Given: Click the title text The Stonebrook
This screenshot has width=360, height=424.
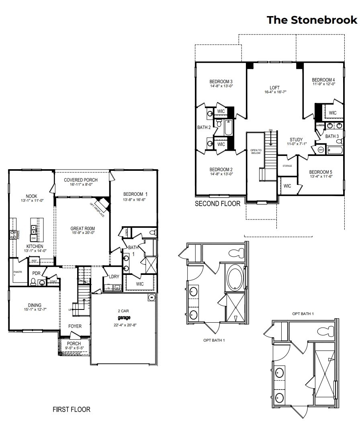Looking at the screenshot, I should [312, 20].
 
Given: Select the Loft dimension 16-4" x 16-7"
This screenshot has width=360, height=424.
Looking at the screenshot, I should [275, 92].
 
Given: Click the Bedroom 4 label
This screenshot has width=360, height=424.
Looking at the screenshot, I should [323, 80].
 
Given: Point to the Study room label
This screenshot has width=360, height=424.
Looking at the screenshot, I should [296, 139].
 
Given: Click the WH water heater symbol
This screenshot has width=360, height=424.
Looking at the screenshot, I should [321, 150].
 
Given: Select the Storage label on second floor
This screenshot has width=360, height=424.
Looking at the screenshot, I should [287, 166].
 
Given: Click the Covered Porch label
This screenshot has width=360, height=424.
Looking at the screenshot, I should [82, 180].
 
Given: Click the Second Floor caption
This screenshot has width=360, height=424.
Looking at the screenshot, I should [217, 204].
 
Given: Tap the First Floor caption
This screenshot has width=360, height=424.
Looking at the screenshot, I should [72, 410].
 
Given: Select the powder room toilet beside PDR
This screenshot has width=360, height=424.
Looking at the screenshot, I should [34, 283].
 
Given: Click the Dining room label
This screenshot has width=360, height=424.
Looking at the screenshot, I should [32, 305].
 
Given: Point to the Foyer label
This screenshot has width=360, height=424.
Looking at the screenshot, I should [75, 326].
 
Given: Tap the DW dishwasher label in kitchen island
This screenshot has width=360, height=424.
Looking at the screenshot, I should [34, 238].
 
